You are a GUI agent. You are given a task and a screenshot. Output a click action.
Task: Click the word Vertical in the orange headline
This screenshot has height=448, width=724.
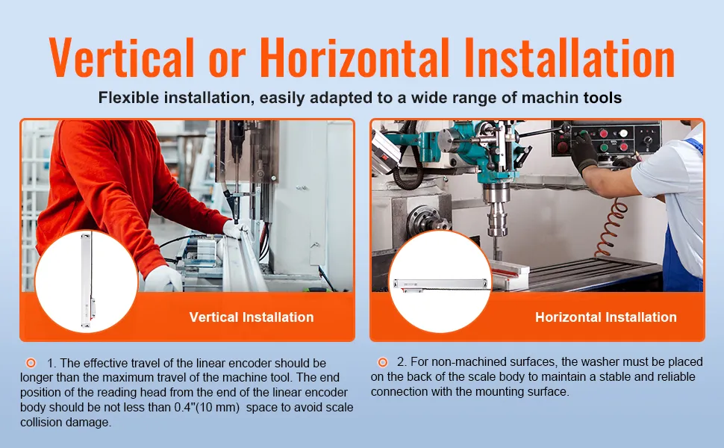pyautogui.click(x=121, y=57)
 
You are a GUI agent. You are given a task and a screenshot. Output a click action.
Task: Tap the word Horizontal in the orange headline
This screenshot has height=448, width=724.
pyautogui.click(x=355, y=57)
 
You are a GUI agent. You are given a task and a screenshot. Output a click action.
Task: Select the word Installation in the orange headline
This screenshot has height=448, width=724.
pyautogui.click(x=569, y=57)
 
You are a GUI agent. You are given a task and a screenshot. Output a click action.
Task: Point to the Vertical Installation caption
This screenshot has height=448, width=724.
pyautogui.click(x=252, y=317)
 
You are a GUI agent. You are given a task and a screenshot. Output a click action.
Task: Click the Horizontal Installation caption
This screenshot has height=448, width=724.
pyautogui.click(x=606, y=317)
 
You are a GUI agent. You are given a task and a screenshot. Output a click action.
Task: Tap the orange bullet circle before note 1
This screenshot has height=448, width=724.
pyautogui.click(x=31, y=363)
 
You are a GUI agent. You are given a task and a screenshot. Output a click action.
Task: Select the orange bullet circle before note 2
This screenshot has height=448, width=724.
pyautogui.click(x=382, y=362)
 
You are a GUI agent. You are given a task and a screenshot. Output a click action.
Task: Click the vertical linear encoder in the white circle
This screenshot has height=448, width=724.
pyautogui.click(x=88, y=279)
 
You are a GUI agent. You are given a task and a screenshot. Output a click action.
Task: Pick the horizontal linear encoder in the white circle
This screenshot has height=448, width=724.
pyautogui.click(x=440, y=284)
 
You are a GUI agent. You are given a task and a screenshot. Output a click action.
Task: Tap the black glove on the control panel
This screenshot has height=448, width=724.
pyautogui.click(x=584, y=152)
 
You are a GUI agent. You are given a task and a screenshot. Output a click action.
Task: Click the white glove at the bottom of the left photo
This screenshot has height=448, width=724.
pyautogui.click(x=163, y=279)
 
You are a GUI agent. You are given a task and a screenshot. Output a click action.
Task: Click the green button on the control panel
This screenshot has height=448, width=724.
pyautogui.click(x=604, y=148)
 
